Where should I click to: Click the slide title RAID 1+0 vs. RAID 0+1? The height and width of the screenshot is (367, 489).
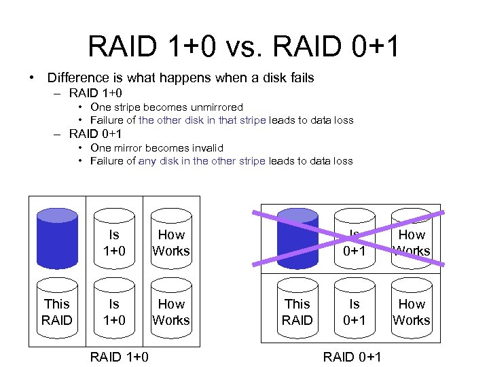coord(244,46)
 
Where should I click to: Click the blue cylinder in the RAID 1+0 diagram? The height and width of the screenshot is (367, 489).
coord(57,235)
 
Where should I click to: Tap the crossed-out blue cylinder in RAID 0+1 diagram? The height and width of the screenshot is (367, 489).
coord(297,235)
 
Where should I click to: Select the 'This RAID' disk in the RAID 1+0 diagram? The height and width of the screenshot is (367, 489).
coord(57,312)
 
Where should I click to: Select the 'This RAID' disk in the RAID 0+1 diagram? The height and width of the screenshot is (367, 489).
coord(297,312)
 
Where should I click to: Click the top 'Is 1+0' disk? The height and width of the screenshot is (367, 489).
coord(114,242)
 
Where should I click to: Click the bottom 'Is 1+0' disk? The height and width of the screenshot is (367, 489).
coord(114,312)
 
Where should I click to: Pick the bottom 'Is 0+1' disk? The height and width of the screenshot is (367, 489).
coord(355,312)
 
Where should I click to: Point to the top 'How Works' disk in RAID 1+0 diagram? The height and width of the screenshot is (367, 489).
coord(171,242)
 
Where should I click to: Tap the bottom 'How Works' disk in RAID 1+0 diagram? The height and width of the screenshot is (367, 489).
coord(171,312)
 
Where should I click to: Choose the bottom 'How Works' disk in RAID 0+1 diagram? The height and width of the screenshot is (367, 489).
coord(412,312)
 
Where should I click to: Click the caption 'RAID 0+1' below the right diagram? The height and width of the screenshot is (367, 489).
coord(352,357)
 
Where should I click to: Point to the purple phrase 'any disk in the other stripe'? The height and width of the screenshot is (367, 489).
coord(202,161)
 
